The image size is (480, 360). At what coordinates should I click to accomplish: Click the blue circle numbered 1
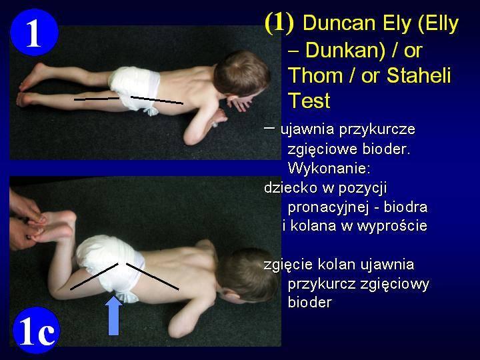pyautogui.click(x=34, y=33)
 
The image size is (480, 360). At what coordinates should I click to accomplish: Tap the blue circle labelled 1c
pyautogui.click(x=37, y=330)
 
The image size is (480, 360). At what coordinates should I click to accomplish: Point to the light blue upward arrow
pyautogui.click(x=113, y=315)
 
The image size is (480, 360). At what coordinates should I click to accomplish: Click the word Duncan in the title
pyautogui.click(x=341, y=23)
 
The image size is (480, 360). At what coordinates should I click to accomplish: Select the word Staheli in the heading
pyautogui.click(x=419, y=75)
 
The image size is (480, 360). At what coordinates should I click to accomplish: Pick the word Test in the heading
pyautogui.click(x=309, y=101)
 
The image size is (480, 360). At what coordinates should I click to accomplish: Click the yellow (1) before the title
pyautogui.click(x=279, y=23)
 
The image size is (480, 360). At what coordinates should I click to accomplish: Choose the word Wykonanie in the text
pyautogui.click(x=329, y=168)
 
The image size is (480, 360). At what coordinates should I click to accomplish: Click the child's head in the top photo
pyautogui.click(x=241, y=73)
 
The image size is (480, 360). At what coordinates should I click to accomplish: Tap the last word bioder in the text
pyautogui.click(x=310, y=303)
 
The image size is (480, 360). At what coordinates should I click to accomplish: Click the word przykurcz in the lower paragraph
pyautogui.click(x=321, y=285)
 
